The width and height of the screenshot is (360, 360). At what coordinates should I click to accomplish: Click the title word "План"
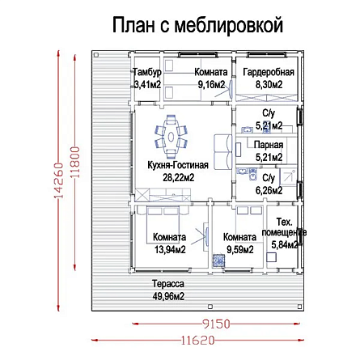click(133, 25)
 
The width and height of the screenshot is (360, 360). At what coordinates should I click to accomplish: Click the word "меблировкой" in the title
click(229, 25)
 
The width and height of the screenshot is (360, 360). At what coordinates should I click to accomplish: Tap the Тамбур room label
click(147, 72)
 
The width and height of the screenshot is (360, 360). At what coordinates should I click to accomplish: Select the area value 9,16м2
click(211, 85)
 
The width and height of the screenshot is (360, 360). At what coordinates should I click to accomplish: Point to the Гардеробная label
click(269, 72)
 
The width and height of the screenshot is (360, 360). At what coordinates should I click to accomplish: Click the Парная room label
click(269, 145)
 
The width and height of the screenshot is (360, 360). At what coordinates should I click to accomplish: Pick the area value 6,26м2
click(269, 190)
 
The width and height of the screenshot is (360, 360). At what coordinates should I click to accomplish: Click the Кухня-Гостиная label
click(178, 165)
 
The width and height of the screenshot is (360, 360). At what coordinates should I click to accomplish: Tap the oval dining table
click(171, 137)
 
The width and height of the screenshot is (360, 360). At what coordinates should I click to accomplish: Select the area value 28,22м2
click(179, 177)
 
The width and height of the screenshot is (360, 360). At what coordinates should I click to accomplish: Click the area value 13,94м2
click(170, 250)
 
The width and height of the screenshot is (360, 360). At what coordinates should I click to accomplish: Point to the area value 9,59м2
click(240, 250)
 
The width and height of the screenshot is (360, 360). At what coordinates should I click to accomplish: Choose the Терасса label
click(168, 284)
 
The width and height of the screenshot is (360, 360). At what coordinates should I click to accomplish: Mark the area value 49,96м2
click(168, 296)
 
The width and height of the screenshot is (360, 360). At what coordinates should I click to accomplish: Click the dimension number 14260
click(58, 180)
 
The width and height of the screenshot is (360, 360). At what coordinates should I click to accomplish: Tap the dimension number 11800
click(75, 162)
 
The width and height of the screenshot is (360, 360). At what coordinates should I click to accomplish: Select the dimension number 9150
click(216, 324)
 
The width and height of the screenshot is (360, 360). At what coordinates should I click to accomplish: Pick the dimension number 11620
click(197, 341)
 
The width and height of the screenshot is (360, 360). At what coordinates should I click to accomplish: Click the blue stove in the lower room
click(218, 260)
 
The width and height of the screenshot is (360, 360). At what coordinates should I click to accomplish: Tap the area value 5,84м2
click(285, 245)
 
